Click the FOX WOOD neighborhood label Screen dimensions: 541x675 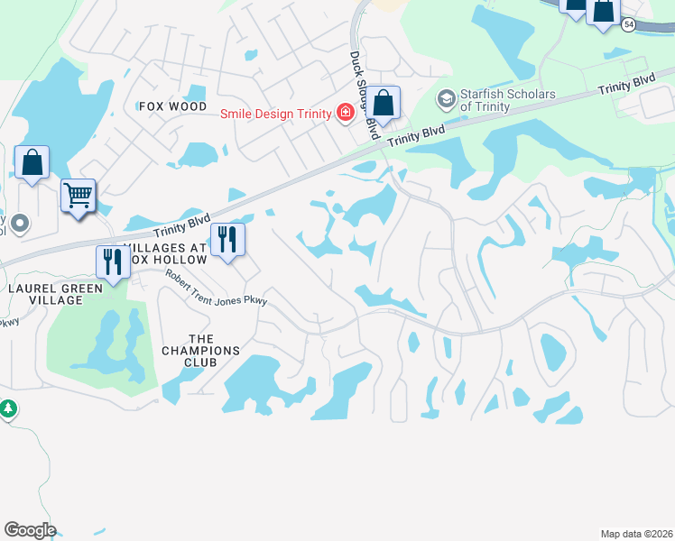point(173,106)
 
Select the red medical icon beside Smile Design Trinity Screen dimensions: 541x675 point(344,113)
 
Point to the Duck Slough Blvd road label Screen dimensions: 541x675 point(363,93)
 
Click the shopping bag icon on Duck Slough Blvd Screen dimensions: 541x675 point(384,105)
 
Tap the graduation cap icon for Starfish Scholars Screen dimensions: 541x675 point(446,97)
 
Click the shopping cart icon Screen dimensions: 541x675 point(78,195)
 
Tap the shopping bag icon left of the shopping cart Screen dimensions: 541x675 point(32,164)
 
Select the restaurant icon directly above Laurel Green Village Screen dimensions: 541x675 point(113,262)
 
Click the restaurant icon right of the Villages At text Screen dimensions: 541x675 point(227,240)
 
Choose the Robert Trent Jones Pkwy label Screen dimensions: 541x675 point(217,288)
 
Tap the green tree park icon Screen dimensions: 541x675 point(8,408)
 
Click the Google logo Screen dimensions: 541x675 point(30,529)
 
